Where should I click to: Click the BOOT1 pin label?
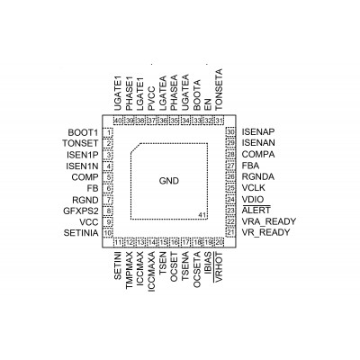point(83,132)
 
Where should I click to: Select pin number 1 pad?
point(108,132)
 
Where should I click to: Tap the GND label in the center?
point(169,181)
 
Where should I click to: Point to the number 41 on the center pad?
point(202,215)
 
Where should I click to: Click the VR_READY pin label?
point(265,232)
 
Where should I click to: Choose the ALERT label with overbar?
point(256,210)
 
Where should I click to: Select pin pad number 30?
point(230,132)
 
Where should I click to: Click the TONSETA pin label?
point(220,89)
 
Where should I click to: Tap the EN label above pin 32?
point(208,104)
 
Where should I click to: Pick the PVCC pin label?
point(151,98)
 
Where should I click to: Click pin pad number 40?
point(118,121)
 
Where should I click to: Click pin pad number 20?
point(220,242)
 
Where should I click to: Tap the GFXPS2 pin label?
point(81,211)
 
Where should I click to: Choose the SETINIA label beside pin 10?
point(81,233)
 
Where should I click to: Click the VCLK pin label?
point(254,188)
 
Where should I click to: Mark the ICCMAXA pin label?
point(152,272)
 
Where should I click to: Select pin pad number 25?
point(230,188)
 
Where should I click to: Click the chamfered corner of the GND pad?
point(135,148)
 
